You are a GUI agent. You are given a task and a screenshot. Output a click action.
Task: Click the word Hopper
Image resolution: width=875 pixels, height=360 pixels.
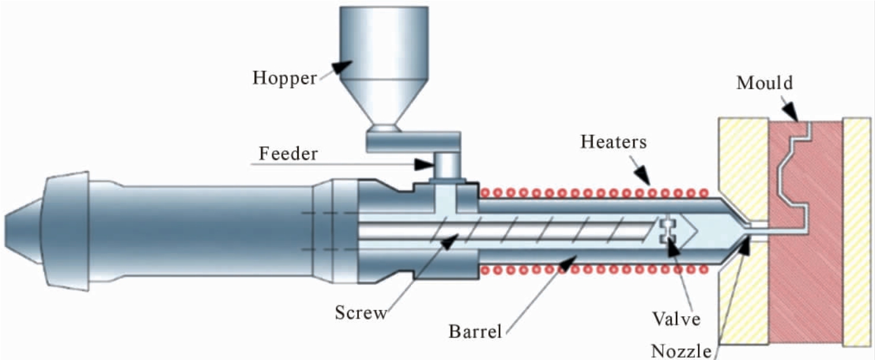click(284, 78)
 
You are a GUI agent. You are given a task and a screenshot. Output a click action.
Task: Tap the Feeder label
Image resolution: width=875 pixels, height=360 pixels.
click(289, 153)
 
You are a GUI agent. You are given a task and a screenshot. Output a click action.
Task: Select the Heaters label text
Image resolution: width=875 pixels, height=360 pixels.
click(613, 142)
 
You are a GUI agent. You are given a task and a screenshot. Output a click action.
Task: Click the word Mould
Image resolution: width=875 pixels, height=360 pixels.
click(764, 83)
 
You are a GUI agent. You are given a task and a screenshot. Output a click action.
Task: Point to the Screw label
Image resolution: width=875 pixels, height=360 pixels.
click(361, 313)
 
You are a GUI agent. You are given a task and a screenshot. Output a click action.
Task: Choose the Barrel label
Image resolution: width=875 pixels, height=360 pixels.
click(475, 332)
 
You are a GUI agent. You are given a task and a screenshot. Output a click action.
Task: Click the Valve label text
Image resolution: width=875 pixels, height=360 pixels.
click(676, 319)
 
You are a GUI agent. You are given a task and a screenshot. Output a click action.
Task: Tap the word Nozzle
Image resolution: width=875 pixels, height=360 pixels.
click(681, 351)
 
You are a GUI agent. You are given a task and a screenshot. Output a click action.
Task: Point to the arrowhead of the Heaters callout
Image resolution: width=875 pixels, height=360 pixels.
click(643, 176)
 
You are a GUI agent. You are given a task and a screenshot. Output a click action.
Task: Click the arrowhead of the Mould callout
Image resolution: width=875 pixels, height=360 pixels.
click(791, 112)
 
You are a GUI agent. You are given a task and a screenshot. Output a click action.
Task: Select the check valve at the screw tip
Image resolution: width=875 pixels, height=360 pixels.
click(668, 231)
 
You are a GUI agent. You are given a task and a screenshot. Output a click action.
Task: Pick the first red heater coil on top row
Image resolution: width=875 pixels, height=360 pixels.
click(485, 192)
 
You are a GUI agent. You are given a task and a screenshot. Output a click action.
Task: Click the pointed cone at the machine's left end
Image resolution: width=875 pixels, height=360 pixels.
click(24, 231)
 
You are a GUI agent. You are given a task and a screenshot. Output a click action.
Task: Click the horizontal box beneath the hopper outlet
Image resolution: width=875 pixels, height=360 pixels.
click(414, 142)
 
